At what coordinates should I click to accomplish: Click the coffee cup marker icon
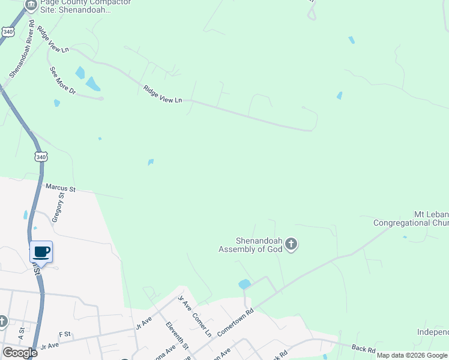[x=41, y=251]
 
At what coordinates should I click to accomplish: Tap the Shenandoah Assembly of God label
[x=250, y=245]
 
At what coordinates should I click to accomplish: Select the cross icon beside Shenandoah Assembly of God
[x=291, y=244]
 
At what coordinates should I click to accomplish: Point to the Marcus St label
[x=61, y=188]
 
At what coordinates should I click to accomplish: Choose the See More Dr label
[x=63, y=80]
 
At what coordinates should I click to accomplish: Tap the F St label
[x=64, y=334]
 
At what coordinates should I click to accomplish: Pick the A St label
[x=21, y=331]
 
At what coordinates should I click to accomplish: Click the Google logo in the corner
[x=20, y=353]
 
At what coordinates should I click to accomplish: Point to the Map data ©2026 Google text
[x=412, y=355]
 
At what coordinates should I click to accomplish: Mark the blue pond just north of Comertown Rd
[x=244, y=284]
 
